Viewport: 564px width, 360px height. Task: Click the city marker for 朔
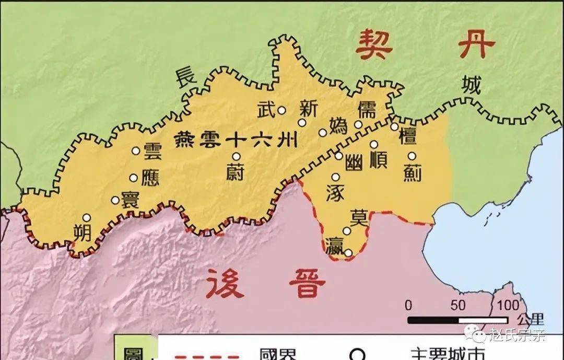click(87, 217)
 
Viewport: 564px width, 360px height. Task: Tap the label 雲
click(152, 151)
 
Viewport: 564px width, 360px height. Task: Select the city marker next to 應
click(134, 178)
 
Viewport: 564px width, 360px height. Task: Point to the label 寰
click(130, 200)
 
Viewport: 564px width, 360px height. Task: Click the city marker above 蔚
click(237, 156)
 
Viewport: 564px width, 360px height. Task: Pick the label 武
click(265, 110)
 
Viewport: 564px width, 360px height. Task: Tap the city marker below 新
click(302, 123)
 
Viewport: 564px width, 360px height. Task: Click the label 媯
click(338, 126)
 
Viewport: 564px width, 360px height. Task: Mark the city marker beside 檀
click(394, 126)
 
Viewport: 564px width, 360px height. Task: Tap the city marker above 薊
click(412, 156)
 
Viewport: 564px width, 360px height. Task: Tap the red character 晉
click(308, 284)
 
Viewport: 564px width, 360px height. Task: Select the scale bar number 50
click(458, 305)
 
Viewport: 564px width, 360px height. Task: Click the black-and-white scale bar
click(457, 320)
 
